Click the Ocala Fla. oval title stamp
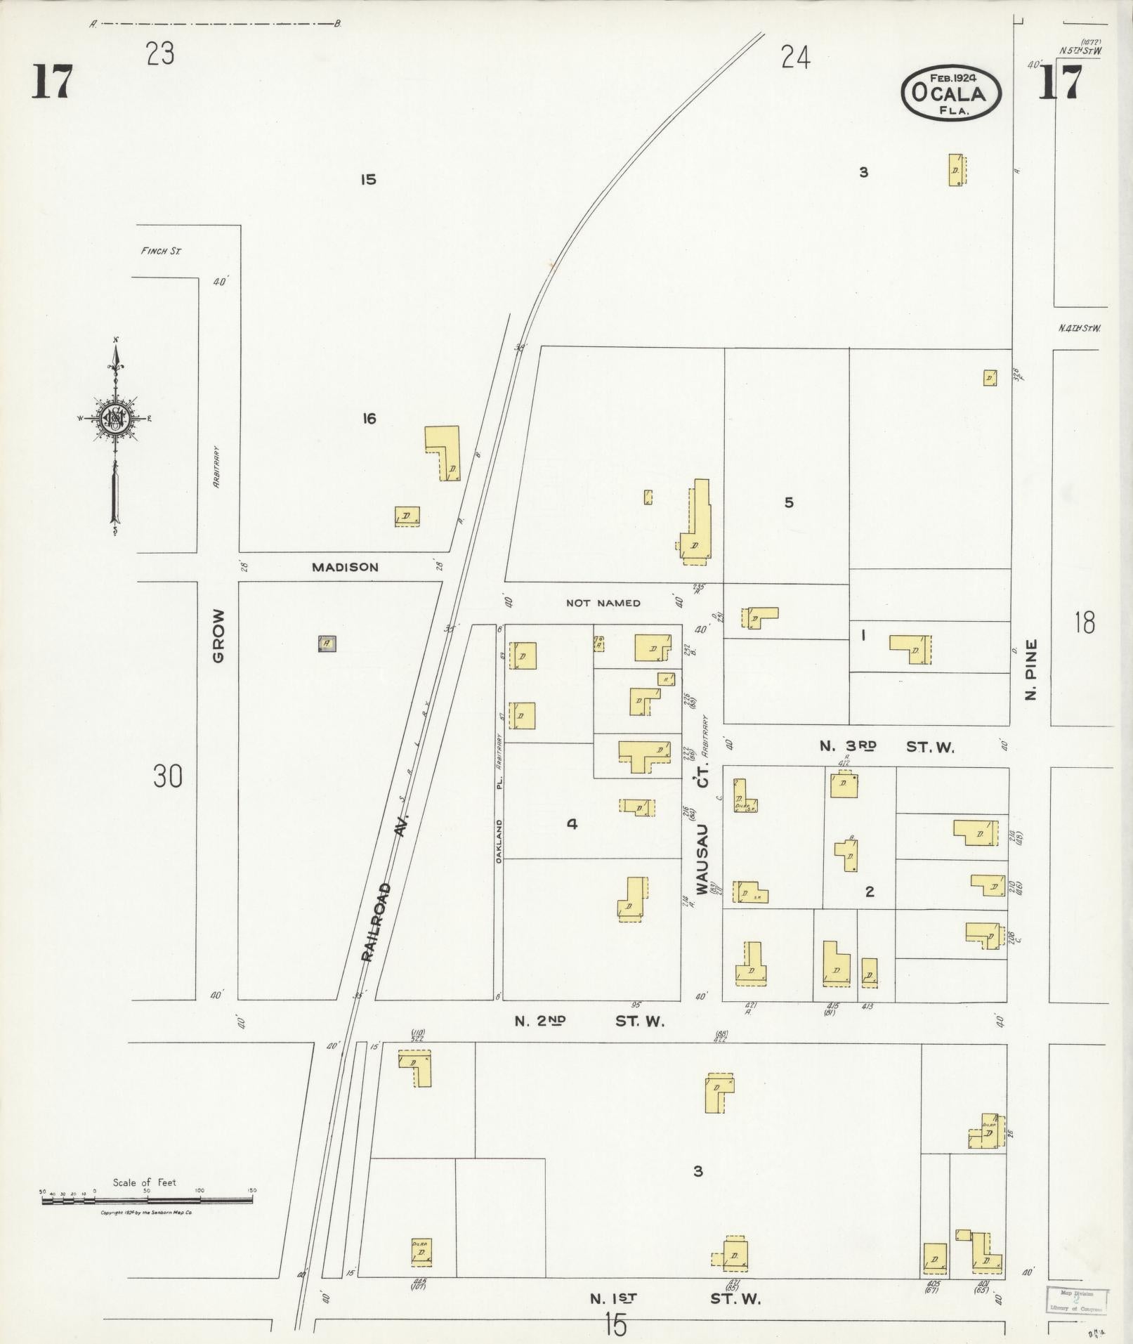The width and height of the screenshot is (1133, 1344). point(951,93)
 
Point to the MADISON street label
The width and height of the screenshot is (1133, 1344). point(345,567)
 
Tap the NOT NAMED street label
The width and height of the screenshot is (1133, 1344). point(603,603)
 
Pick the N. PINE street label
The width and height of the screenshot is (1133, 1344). point(1030,670)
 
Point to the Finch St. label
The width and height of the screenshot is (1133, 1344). point(161,251)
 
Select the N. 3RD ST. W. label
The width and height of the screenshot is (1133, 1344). point(886,746)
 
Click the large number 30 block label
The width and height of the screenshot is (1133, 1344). point(167,777)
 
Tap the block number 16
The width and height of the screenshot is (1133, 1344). point(369,419)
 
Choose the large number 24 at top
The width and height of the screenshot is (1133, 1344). point(795,58)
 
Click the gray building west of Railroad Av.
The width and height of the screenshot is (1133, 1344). point(327,643)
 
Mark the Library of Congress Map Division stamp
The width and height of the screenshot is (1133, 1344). point(1075,1299)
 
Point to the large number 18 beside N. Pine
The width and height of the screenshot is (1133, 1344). point(1084,622)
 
